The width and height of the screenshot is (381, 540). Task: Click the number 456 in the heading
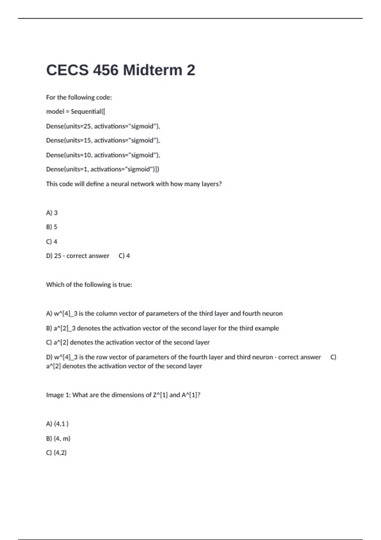[105, 70]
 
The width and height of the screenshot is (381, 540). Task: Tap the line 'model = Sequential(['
[76, 111]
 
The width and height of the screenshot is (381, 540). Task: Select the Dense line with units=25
[103, 126]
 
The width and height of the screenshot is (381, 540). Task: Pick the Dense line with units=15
[103, 140]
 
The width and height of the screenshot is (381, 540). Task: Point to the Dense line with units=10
[103, 155]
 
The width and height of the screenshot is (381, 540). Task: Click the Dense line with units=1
[102, 169]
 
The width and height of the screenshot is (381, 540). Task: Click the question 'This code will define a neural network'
[134, 184]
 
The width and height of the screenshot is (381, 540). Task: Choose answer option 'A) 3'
[52, 213]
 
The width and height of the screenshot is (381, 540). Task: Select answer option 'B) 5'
[52, 227]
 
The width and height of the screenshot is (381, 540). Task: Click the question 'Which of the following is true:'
[89, 285]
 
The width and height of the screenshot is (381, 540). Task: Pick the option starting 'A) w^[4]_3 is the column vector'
[164, 314]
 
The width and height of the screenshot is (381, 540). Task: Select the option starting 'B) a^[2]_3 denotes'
[162, 328]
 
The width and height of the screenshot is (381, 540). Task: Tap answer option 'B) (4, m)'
[58, 438]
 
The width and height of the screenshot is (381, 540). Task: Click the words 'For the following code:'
[79, 97]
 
